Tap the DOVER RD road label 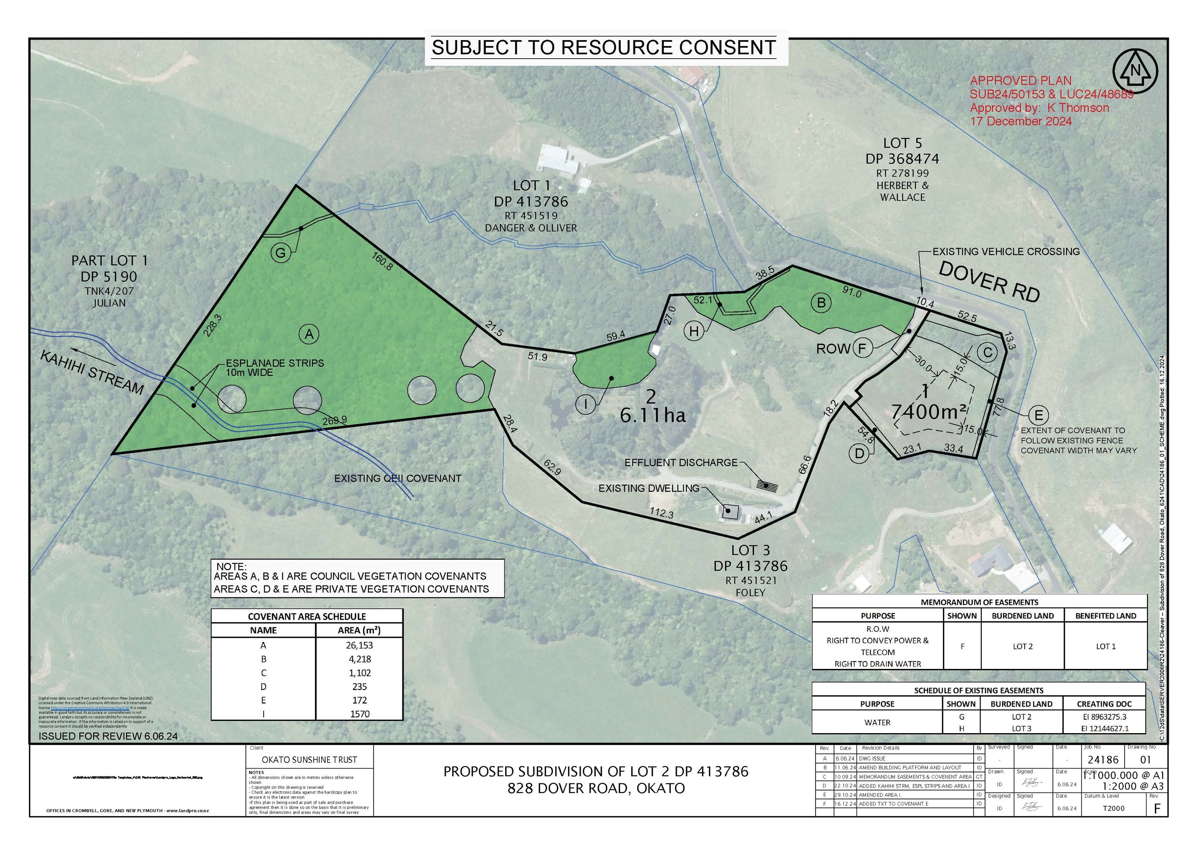[989, 282]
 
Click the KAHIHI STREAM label [92, 372]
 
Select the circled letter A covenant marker [309, 334]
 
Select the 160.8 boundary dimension [382, 261]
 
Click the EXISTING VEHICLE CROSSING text [1006, 251]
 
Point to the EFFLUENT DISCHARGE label [681, 462]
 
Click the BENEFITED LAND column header [1105, 616]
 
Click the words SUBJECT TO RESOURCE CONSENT [604, 48]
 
